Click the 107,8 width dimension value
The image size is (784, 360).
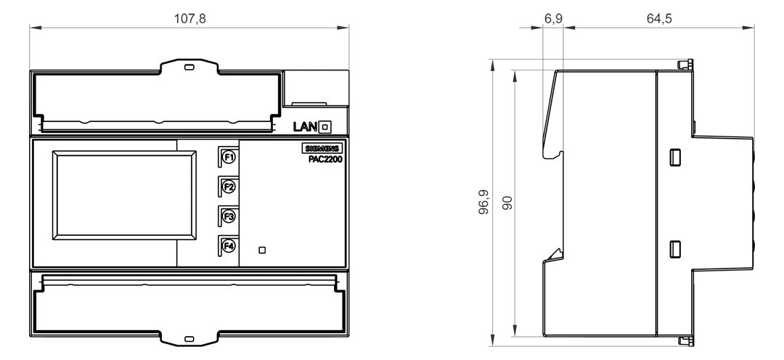pyautogui.click(x=189, y=19)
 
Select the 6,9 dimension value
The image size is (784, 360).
pyautogui.click(x=553, y=19)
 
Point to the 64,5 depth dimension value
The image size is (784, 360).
pyautogui.click(x=659, y=19)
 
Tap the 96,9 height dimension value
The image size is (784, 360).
pyautogui.click(x=483, y=202)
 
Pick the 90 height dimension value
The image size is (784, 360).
pyautogui.click(x=508, y=202)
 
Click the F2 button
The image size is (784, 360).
pyautogui.click(x=229, y=187)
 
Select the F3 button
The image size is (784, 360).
pyautogui.click(x=229, y=216)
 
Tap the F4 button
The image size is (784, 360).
pyautogui.click(x=229, y=246)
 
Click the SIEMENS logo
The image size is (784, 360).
pyautogui.click(x=322, y=149)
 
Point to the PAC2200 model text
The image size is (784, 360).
pyautogui.click(x=324, y=159)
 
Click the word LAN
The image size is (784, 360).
pyautogui.click(x=305, y=128)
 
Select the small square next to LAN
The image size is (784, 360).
pyautogui.click(x=325, y=128)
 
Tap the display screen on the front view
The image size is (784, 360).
pyautogui.click(x=125, y=195)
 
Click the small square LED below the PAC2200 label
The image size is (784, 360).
pyautogui.click(x=262, y=250)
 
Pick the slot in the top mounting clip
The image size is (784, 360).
pyautogui.click(x=189, y=67)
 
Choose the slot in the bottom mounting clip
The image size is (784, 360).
pyautogui.click(x=189, y=339)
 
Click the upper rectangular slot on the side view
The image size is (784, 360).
pyautogui.click(x=675, y=157)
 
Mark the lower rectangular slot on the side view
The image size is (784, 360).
pyautogui.click(x=675, y=249)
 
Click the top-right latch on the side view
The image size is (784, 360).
pyautogui.click(x=685, y=65)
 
